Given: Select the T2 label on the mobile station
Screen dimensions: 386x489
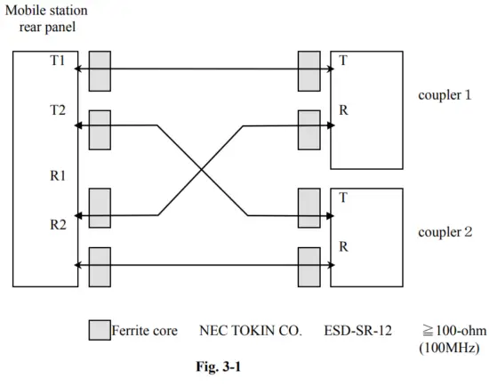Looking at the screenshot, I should pos(57,111).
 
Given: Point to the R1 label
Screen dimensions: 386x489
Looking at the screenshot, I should pos(57,176).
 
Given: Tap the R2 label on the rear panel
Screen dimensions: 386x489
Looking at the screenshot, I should pos(57,224).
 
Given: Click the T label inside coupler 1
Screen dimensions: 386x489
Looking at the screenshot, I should pos(343,62).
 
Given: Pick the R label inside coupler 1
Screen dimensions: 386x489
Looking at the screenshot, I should pos(343,111).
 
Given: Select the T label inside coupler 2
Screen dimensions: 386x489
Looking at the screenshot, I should pos(343,198).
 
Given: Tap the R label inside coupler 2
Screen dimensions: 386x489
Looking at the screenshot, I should pos(343,246).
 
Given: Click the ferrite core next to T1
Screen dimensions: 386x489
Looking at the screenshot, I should pos(100,69).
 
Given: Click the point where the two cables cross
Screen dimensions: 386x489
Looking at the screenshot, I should pos(204,171).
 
